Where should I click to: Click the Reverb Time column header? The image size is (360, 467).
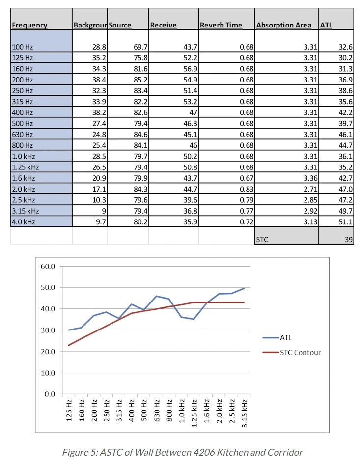tap(221, 25)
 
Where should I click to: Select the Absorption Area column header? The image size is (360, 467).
tap(283, 25)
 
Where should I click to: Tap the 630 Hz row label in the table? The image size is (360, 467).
tap(22, 135)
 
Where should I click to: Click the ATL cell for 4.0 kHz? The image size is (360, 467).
tap(345, 222)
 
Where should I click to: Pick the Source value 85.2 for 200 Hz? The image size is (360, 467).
tap(140, 80)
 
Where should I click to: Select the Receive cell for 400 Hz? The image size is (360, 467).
tap(193, 112)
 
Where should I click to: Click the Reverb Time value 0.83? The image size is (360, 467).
tap(247, 189)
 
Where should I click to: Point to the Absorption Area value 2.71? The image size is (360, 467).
tap(310, 189)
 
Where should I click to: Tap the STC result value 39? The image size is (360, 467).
tap(349, 240)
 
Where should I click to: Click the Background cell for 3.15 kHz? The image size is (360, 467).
tap(104, 211)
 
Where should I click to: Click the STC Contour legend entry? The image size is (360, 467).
tap(292, 352)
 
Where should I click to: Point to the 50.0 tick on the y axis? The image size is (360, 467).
tap(48, 288)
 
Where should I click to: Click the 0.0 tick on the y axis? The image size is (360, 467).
tap(50, 394)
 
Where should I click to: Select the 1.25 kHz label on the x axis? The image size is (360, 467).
tap(194, 413)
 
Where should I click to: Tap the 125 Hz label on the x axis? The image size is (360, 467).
tap(69, 411)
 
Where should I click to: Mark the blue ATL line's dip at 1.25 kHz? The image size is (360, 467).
tap(194, 319)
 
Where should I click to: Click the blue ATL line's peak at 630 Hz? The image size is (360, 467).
tap(157, 296)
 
